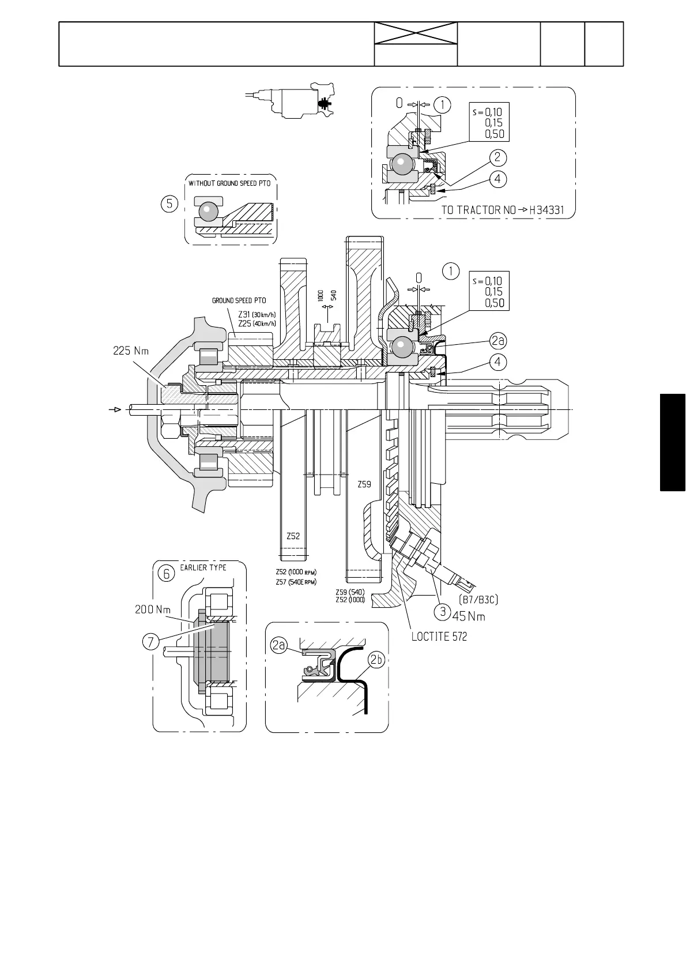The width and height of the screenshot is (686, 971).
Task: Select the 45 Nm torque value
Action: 469,616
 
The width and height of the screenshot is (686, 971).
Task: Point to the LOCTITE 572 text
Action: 439,637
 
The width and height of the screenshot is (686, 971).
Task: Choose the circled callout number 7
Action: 150,642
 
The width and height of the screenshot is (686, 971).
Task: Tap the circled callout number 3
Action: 442,612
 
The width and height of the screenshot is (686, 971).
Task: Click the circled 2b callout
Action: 376,661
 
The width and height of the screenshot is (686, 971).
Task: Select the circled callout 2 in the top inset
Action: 497,156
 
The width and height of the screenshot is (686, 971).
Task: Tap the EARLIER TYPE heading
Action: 203,567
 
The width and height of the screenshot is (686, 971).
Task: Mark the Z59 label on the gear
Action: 364,485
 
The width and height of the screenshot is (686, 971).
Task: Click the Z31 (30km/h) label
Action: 257,314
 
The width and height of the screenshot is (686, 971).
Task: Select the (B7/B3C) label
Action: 478,600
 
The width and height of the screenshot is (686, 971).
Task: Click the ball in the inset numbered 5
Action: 208,212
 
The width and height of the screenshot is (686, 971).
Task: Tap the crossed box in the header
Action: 416,34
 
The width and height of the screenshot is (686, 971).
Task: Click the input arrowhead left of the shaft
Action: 116,410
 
